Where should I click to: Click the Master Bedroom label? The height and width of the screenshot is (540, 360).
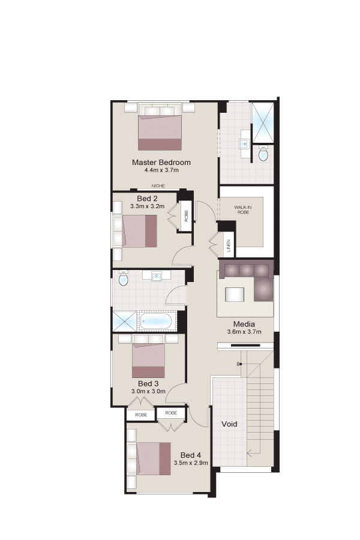pos(161,162)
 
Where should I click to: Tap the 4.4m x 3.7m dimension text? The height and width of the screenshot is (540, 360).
pos(161,170)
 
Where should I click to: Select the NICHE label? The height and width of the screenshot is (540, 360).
pos(158,186)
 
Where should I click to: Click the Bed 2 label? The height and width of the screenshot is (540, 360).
pos(147,199)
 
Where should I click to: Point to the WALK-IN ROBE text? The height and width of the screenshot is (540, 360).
pos(243,210)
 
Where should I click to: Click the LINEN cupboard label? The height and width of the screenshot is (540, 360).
pos(229,245)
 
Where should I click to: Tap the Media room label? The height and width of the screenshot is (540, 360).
pos(244,324)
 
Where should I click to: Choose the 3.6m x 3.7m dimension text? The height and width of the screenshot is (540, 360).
pos(244,332)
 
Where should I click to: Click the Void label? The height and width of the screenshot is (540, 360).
pos(229,424)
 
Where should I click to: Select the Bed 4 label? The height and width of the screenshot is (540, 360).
pos(191,455)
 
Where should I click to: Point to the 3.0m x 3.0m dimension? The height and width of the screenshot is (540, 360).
pos(148,392)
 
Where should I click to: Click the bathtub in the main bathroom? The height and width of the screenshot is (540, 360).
pos(156,322)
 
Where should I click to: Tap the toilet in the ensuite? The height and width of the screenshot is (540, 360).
pos(263,154)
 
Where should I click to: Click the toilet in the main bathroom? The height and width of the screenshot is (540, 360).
pos(123,278)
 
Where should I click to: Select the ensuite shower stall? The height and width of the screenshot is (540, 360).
pos(263,122)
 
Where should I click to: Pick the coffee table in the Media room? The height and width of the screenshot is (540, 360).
pos(235,295)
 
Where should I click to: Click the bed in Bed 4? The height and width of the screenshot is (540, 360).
pos(154,459)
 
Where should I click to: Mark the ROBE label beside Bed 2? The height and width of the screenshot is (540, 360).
pos(187,216)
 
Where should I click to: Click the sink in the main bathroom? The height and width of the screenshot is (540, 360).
pos(157,275)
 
